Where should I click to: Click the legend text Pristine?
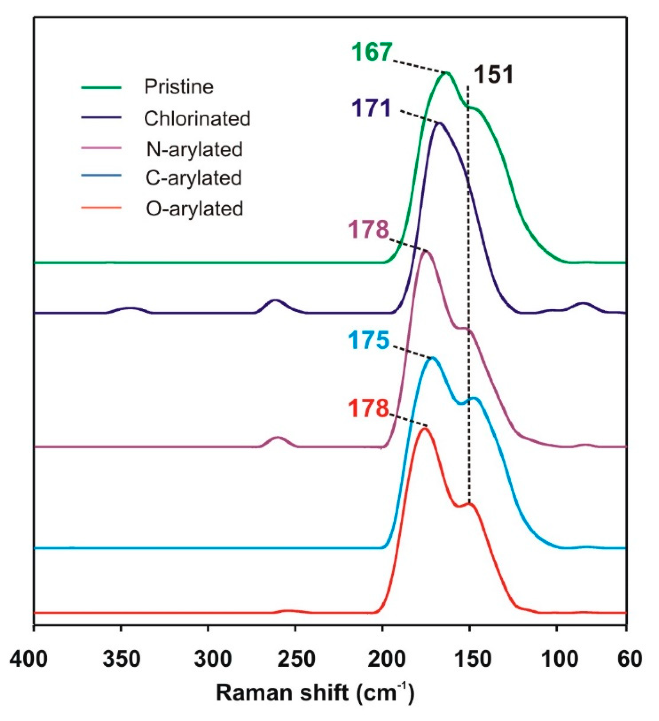pos(179,87)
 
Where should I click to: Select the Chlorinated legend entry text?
pos(197,118)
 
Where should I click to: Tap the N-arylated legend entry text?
pos(195,149)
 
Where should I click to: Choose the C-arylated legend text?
pos(194,178)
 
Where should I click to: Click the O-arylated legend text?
pos(195,209)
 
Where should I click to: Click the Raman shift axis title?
pos(315,693)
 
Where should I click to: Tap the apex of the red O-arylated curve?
pos(425,429)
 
